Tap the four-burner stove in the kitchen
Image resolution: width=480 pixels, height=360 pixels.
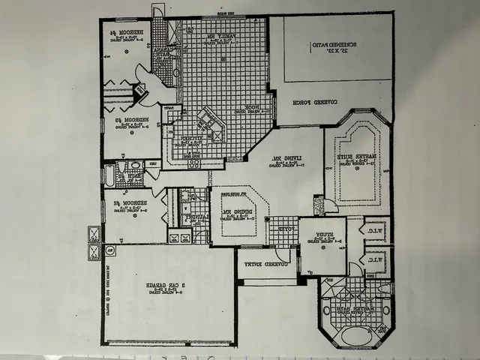tap(193, 162)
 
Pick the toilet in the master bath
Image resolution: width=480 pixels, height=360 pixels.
tap(384, 288)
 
